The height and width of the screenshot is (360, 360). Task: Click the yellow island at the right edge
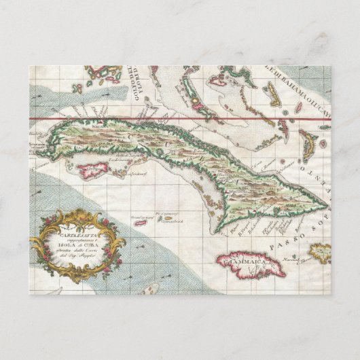coord(320,253)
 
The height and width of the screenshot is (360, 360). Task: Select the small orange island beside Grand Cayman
coord(163,218)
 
